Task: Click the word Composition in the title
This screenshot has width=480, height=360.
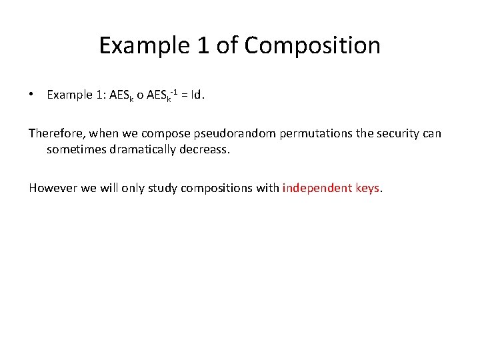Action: (x=313, y=45)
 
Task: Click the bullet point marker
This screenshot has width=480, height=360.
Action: (x=31, y=95)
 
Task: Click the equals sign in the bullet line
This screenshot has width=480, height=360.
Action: (x=183, y=95)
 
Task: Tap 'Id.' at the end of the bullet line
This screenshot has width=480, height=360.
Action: (x=198, y=95)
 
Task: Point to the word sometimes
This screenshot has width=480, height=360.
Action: (x=73, y=150)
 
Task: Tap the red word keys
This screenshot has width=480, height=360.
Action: (x=369, y=188)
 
